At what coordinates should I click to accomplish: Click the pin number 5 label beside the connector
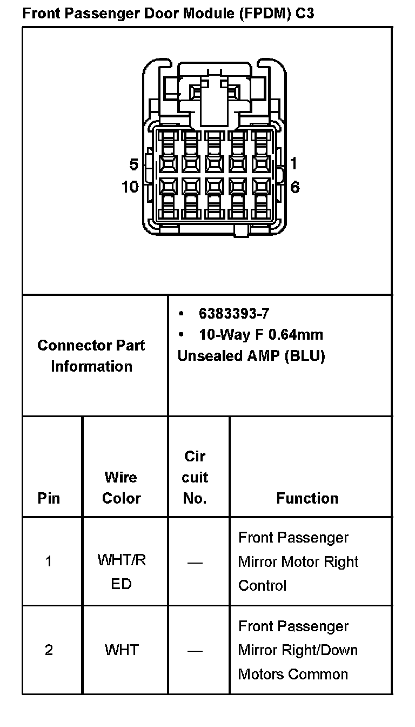[133, 164]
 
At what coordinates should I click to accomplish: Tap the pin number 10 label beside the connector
[130, 187]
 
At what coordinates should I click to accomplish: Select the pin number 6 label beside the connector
[294, 187]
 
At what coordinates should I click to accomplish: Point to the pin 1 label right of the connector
[293, 163]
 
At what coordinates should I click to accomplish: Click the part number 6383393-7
[234, 314]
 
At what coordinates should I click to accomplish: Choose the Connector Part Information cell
[91, 355]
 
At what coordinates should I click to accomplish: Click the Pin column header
[49, 498]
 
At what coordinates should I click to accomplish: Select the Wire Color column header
[121, 487]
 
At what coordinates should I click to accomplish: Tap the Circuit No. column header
[195, 477]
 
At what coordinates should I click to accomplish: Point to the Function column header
[307, 498]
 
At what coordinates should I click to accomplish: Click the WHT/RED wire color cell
[122, 572]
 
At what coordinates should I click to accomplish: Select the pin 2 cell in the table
[49, 650]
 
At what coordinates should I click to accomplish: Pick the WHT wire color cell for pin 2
[122, 650]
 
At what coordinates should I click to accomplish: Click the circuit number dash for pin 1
[195, 563]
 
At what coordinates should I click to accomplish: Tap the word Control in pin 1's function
[262, 586]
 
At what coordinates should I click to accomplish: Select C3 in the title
[304, 13]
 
